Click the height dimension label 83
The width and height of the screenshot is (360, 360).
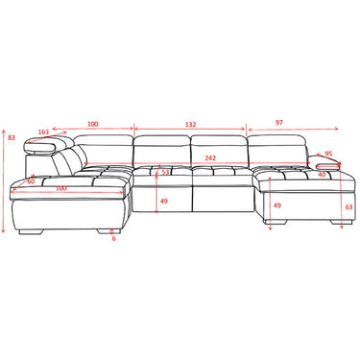11,138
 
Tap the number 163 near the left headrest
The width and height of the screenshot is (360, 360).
44,132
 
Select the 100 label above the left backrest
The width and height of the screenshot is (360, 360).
92,124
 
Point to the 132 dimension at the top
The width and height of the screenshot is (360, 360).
190,124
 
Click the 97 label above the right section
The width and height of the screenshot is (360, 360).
278,123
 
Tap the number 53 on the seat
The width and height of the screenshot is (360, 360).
165,173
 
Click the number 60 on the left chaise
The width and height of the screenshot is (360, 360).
31,180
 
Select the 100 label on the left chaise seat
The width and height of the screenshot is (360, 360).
61,188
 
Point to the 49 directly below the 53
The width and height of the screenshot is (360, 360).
163,201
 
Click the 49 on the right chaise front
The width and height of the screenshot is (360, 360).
277,205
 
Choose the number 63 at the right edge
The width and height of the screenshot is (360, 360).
348,206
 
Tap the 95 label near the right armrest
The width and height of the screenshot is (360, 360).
328,154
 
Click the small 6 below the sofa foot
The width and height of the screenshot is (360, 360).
114,238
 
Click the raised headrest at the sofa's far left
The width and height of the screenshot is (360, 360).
46,147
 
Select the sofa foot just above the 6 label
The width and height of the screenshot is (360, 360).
105,230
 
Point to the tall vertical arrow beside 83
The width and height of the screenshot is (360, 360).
5,182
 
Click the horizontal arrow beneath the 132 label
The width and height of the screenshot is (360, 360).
190,131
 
